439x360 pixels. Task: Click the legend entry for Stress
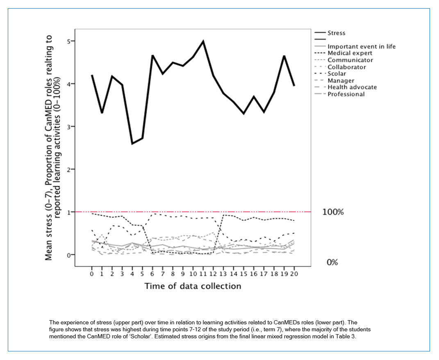330,33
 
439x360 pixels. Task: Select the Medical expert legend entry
344,53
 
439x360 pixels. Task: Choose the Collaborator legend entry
341,67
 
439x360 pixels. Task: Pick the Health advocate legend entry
346,87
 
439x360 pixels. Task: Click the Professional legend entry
340,94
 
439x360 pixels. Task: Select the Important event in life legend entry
355,46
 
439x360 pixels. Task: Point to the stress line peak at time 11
203,41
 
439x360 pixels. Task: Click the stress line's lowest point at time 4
132,144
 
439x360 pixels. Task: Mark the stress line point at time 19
284,56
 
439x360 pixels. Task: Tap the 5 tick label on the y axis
69,41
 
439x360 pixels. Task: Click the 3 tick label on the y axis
69,127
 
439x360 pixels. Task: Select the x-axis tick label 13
223,274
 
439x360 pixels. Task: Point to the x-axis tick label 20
294,274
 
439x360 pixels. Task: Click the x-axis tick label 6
152,274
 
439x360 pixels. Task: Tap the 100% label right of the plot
333,212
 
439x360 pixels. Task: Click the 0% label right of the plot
332,262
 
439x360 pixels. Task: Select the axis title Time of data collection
193,286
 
